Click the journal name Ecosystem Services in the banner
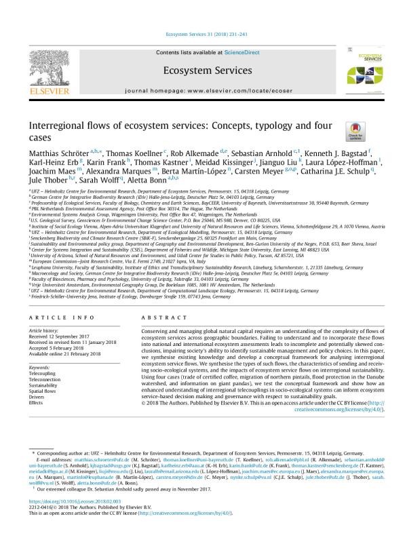coord(203,70)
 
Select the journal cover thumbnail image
coord(363,71)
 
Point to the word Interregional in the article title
coord(56,125)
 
